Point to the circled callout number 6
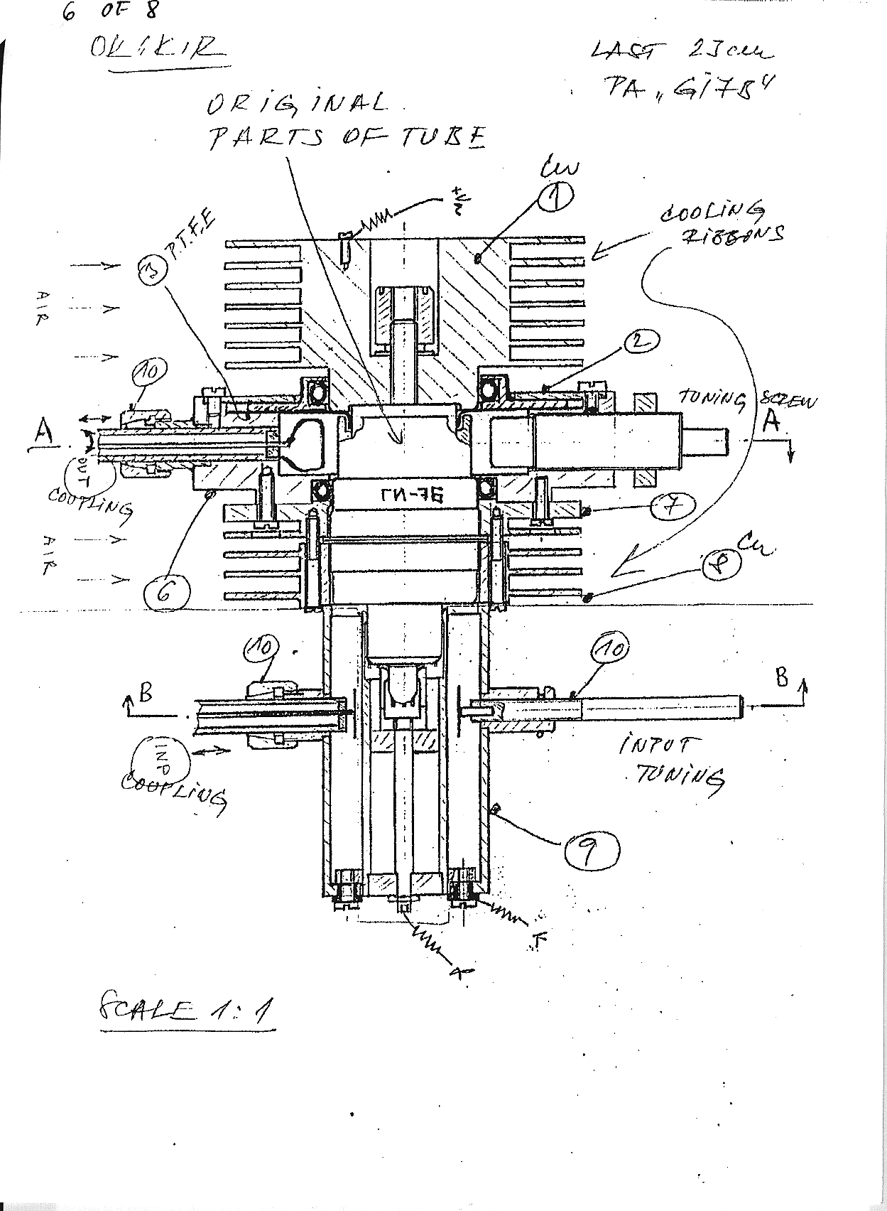[x=165, y=590]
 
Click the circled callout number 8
[x=720, y=565]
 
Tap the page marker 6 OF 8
[x=110, y=11]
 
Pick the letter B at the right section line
[x=783, y=677]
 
